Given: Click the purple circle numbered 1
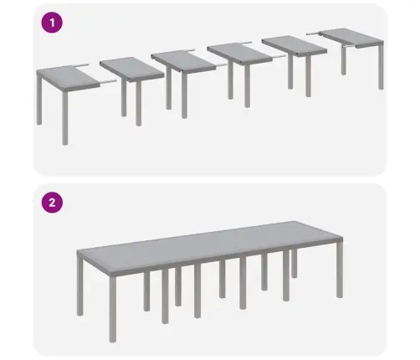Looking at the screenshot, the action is click(52, 23).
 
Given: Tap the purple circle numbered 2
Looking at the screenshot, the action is click(52, 203).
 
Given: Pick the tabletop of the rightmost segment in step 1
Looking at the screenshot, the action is click(353, 38).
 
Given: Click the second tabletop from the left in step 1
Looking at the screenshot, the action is click(132, 69).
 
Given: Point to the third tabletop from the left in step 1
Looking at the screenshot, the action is click(184, 61).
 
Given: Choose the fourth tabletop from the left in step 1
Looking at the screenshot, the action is click(240, 54).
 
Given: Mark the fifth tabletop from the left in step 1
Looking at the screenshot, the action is click(295, 46).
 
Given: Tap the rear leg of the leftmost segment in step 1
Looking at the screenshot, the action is click(39, 100).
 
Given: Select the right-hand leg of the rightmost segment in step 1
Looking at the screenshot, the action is click(381, 68).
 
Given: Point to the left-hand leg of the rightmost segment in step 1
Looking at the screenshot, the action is click(344, 60).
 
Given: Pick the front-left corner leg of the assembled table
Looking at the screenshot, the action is click(112, 310).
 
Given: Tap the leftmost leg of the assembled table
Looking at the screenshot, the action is click(79, 286).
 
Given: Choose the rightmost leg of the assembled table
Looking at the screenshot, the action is click(340, 270).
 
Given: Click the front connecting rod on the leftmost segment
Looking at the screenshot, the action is click(108, 82).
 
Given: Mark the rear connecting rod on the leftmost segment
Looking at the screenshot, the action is click(80, 65).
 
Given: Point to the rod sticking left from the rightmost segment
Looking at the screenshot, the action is click(314, 33).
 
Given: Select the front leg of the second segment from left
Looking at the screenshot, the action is click(138, 104).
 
